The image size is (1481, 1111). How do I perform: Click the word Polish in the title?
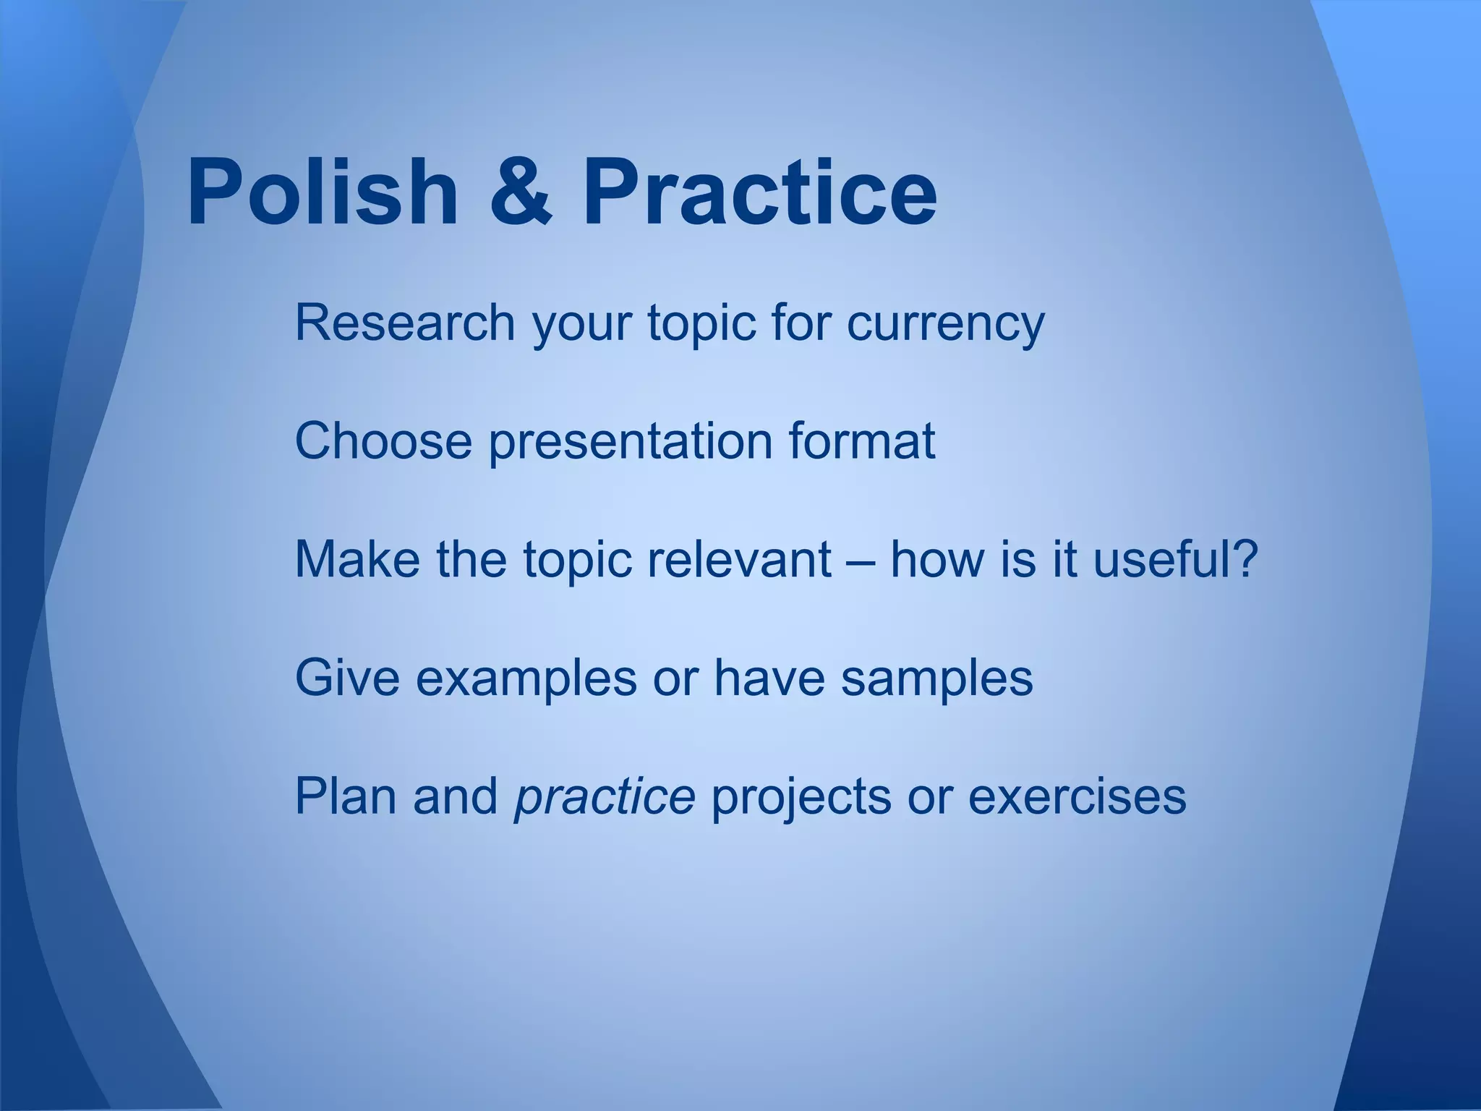click(322, 192)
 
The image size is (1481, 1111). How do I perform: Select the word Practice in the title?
click(759, 192)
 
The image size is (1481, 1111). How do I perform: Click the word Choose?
click(383, 440)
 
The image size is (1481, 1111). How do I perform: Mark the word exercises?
click(1077, 796)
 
